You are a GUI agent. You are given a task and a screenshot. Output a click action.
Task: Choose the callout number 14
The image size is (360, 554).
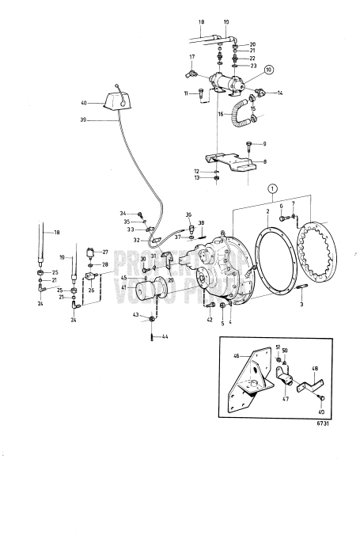coord(279,93)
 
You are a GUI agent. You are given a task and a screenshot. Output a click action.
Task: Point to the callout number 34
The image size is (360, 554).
coord(123,214)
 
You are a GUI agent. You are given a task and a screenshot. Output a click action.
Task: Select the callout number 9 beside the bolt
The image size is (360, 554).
coord(264,143)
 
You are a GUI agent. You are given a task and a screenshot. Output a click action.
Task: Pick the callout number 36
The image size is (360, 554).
coord(189,214)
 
